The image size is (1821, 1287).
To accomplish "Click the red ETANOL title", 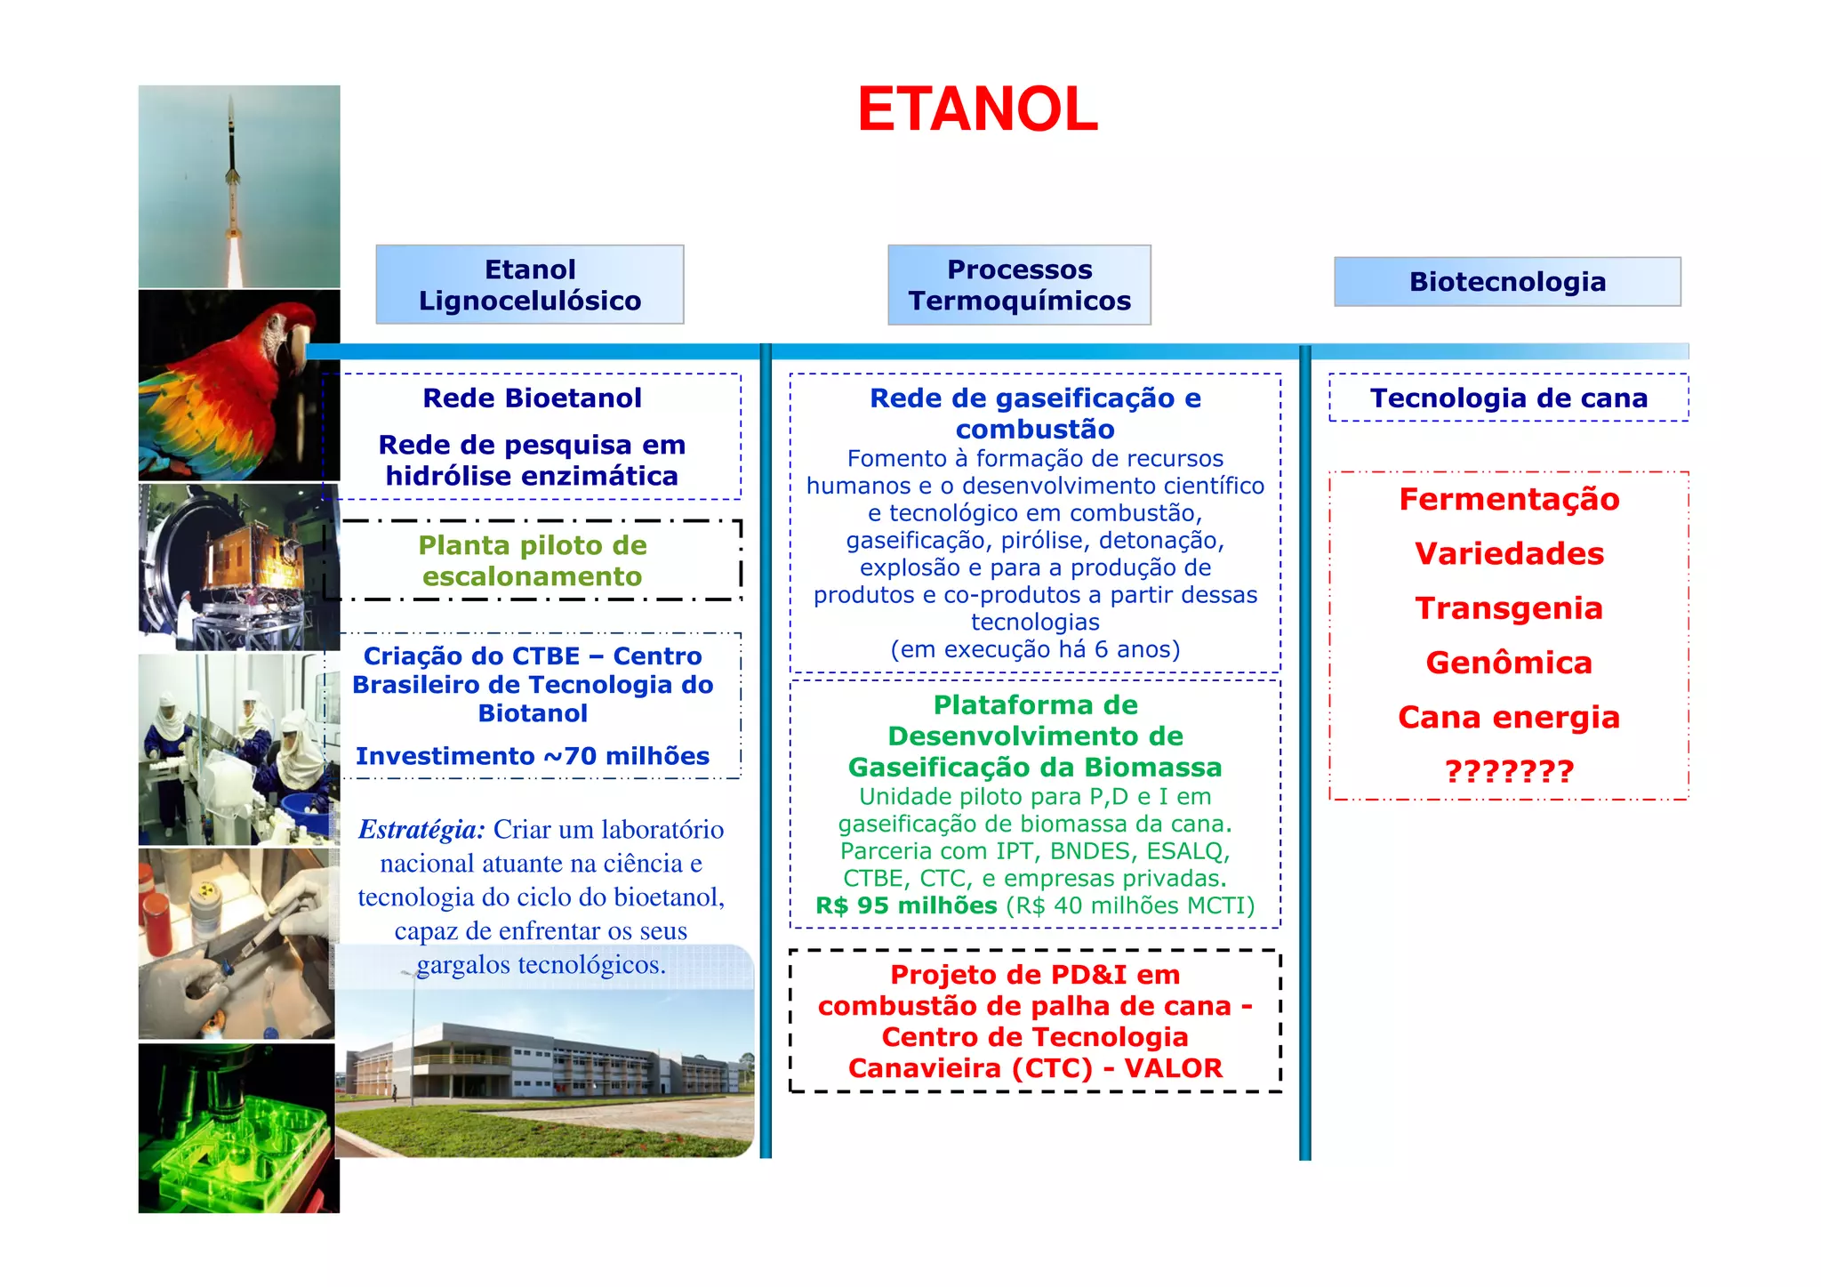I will (x=977, y=110).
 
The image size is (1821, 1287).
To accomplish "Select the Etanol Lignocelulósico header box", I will (x=530, y=285).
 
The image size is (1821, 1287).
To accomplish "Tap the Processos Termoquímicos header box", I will (x=1019, y=285).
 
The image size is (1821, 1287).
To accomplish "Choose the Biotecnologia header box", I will (x=1507, y=282).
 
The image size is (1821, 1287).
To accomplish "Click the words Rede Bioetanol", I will (x=532, y=398).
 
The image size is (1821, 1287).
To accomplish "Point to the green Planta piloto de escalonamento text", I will (x=532, y=560).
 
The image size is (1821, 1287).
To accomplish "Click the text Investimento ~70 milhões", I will (x=533, y=756).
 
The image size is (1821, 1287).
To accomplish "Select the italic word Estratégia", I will (x=421, y=830).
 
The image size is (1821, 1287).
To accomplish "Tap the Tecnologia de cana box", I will (x=1508, y=398).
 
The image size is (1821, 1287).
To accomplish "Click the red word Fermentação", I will (x=1509, y=499).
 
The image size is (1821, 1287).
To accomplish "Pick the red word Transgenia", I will (x=1509, y=608).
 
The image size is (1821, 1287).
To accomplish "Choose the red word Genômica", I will (x=1509, y=663).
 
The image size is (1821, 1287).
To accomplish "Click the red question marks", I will (x=1509, y=771).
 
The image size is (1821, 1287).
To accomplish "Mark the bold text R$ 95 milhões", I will (x=906, y=906).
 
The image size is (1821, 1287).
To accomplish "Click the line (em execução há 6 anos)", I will (x=1035, y=649).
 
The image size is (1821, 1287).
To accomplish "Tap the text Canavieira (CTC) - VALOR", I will (x=1035, y=1068).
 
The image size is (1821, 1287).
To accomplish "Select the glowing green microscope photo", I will (x=238, y=1128).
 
